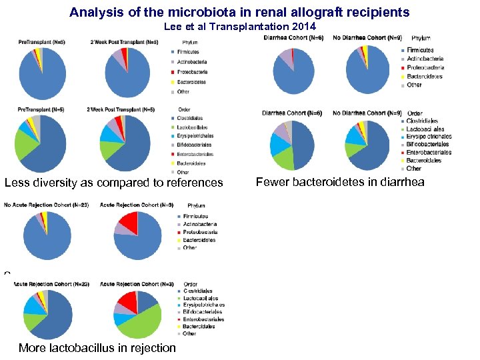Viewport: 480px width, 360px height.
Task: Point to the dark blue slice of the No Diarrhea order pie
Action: pyautogui.click(x=374, y=150)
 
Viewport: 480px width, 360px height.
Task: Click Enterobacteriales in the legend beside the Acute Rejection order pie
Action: pyautogui.click(x=203, y=319)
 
